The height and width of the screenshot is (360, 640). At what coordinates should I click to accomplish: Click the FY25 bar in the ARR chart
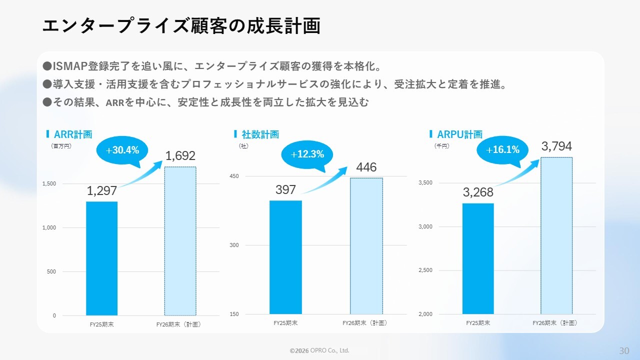101,258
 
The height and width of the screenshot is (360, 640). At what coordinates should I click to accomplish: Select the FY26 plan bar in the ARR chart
180,240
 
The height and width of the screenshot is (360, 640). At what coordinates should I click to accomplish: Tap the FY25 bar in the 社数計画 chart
285,257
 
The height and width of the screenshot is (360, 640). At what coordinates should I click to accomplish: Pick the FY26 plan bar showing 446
366,245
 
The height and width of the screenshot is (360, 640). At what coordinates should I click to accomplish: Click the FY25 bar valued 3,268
477,258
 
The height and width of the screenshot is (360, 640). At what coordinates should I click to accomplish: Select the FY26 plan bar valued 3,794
556,235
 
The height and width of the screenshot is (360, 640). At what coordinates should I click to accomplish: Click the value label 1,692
180,156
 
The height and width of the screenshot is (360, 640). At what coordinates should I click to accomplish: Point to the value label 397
285,190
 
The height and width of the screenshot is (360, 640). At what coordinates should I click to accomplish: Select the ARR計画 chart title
73,134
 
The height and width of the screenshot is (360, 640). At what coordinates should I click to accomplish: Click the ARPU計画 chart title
459,134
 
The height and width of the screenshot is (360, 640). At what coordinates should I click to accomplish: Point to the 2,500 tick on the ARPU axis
425,270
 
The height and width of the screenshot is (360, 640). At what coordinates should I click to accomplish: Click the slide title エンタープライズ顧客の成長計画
181,26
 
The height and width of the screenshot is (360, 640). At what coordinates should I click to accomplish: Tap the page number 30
624,350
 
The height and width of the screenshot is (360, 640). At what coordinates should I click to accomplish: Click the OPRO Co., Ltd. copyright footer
319,350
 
